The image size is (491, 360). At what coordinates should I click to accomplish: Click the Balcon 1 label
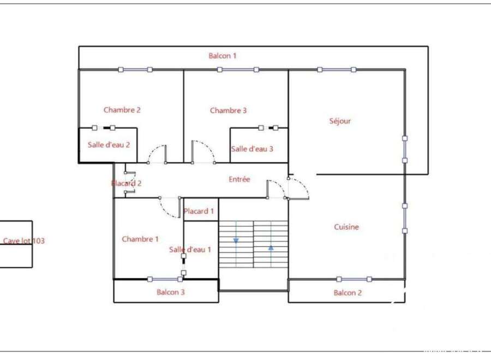[x=223, y=56]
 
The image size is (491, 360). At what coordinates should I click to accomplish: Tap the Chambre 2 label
[x=122, y=110]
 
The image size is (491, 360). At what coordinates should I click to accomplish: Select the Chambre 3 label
[x=228, y=110]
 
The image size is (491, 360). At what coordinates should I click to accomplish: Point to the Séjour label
[x=340, y=121]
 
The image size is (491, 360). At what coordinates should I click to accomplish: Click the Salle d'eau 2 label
[x=109, y=145]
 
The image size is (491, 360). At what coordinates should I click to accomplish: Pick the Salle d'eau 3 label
[x=252, y=149]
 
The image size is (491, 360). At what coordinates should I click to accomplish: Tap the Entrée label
[x=239, y=179]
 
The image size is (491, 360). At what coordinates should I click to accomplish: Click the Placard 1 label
[x=199, y=211]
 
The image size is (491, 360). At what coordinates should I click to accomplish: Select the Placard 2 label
[x=127, y=183]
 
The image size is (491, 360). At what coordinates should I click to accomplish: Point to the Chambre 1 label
[x=140, y=239]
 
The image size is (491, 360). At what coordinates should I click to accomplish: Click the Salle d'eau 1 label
[x=190, y=249]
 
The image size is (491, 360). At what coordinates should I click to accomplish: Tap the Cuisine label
[x=346, y=227]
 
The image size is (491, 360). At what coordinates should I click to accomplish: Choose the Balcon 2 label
[x=348, y=293]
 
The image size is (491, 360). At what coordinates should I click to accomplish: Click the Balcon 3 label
[x=171, y=292]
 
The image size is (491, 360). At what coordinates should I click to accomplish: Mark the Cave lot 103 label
[x=24, y=241]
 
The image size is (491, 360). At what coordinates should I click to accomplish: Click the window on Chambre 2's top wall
[x=135, y=69]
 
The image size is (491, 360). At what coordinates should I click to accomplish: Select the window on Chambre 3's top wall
[x=238, y=69]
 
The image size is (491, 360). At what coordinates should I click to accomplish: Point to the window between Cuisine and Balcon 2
[x=354, y=279]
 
